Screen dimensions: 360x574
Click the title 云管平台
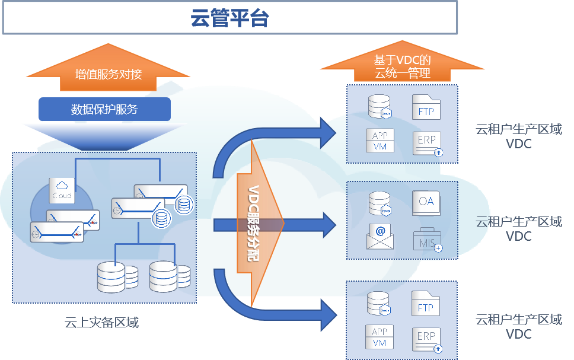[229, 18]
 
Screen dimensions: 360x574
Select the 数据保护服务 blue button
[104, 109]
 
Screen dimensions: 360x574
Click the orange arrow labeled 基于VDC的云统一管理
[401, 66]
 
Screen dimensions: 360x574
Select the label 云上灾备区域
[101, 323]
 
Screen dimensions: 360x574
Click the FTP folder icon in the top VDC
[426, 108]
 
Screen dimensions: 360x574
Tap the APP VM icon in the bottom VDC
[380, 337]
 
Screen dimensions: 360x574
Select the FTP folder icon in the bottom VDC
[426, 305]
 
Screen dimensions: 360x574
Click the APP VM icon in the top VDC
[380, 141]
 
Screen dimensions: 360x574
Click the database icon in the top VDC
[380, 106]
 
